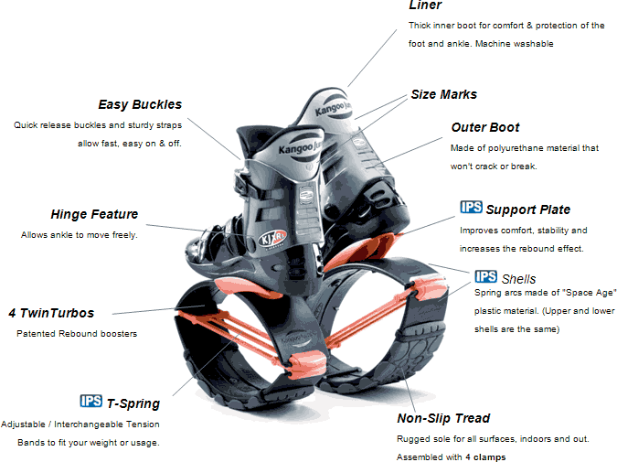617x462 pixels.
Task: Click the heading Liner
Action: pyautogui.click(x=425, y=5)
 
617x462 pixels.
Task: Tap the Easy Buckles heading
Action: pyautogui.click(x=140, y=104)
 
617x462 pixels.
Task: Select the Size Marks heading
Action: pyautogui.click(x=443, y=94)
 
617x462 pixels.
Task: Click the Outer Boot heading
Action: pyautogui.click(x=485, y=127)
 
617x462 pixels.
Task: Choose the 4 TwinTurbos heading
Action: pyautogui.click(x=51, y=313)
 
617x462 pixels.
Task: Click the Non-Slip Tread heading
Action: pyautogui.click(x=443, y=418)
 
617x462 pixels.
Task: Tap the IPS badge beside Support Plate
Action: pyautogui.click(x=471, y=208)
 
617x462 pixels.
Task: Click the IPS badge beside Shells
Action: pyautogui.click(x=485, y=276)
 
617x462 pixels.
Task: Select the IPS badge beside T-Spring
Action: pyautogui.click(x=91, y=401)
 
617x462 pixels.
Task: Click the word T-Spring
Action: pyautogui.click(x=133, y=403)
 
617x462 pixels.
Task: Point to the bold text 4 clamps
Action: pyautogui.click(x=484, y=457)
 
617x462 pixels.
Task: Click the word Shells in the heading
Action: pyautogui.click(x=519, y=279)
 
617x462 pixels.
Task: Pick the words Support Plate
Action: pyautogui.click(x=529, y=210)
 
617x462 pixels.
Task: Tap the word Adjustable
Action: pyautogui.click(x=26, y=424)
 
